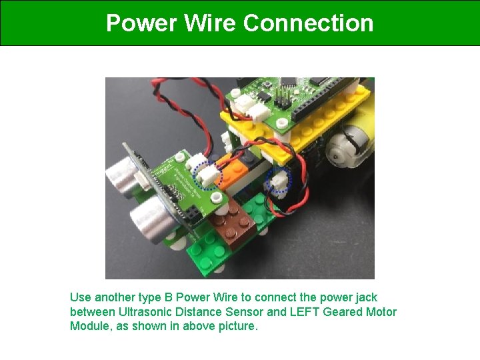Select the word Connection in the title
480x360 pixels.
click(308, 23)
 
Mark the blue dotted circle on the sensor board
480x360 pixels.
click(207, 175)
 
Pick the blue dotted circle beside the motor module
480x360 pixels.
click(279, 180)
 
